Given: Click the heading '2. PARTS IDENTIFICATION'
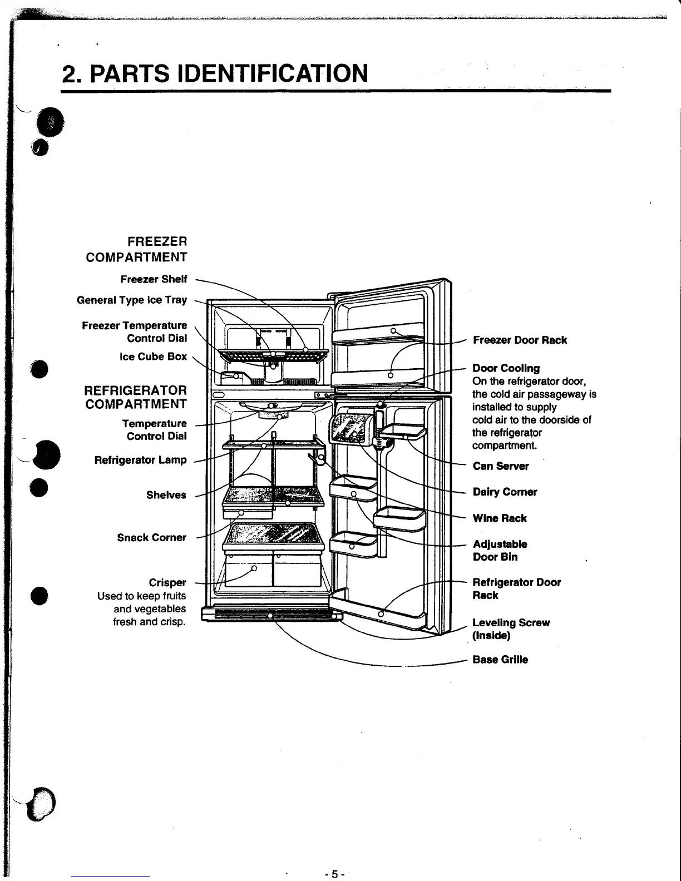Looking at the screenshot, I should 215,73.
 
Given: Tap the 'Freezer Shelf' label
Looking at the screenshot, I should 154,279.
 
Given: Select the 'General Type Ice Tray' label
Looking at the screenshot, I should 132,300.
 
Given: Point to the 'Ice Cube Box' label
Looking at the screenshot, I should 153,357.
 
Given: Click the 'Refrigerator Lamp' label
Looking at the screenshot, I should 140,460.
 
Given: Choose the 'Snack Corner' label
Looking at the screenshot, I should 151,537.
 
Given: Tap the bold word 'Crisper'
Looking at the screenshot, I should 167,582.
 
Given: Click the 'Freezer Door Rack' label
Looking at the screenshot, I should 520,340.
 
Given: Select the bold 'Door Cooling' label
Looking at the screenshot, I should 506,368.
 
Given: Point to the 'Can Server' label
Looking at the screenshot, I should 501,466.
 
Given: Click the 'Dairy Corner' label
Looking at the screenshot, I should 505,492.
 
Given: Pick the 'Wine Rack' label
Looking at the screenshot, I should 500,518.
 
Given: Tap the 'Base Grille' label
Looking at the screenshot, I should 500,660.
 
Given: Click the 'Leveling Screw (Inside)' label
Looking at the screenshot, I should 510,629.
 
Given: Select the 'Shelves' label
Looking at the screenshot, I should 166,495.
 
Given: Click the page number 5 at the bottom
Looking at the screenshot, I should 335,874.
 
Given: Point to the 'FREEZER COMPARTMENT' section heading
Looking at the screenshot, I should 136,249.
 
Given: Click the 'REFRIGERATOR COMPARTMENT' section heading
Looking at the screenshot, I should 136,397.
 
